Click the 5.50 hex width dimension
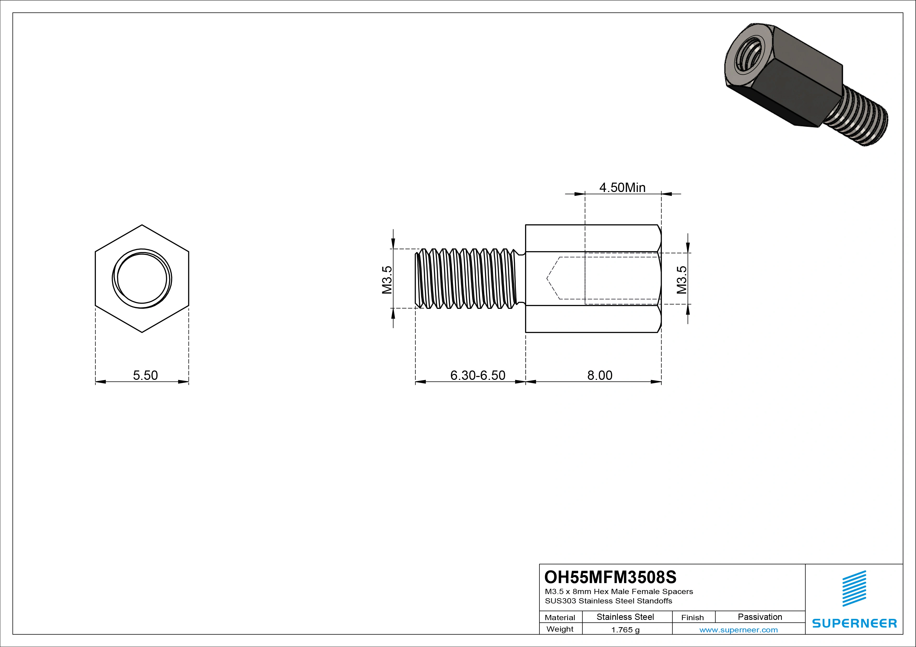145,375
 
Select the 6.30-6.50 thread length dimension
478,375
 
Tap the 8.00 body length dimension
599,375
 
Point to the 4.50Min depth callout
622,187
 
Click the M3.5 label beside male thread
387,280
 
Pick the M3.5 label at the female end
682,280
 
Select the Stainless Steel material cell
625,617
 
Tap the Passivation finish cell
760,617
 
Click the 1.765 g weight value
625,630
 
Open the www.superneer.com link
738,630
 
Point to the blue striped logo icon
854,588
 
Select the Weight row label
560,629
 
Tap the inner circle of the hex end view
142,279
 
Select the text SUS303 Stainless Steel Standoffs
608,601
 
